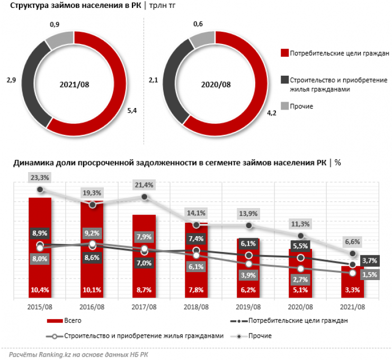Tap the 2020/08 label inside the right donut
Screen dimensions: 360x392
[216, 84]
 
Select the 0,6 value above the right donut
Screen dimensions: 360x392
[198, 24]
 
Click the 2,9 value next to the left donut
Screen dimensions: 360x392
[11, 80]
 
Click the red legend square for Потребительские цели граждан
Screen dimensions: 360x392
[284, 53]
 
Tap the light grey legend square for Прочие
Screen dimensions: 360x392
[284, 106]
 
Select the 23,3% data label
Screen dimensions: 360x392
[39, 178]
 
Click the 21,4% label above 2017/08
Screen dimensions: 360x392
[144, 185]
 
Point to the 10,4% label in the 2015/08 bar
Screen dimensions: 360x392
[39, 289]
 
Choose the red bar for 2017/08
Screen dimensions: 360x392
[144, 254]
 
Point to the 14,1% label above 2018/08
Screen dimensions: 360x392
[196, 213]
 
